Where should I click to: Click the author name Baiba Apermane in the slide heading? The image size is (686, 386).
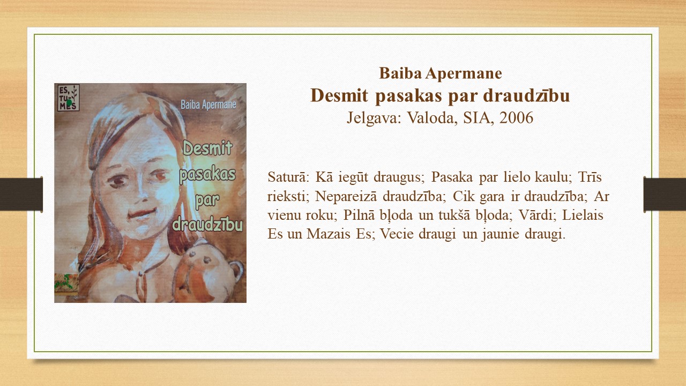pyautogui.click(x=441, y=73)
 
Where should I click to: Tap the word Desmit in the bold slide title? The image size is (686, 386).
pyautogui.click(x=339, y=95)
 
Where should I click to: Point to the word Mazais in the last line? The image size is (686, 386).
pyautogui.click(x=329, y=234)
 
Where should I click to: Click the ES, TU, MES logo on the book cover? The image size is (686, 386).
pyautogui.click(x=69, y=98)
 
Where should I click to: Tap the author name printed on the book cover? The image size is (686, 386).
pyautogui.click(x=208, y=105)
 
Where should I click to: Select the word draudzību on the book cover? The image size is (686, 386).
pyautogui.click(x=207, y=224)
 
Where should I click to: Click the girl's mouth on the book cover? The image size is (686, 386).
pyautogui.click(x=142, y=213)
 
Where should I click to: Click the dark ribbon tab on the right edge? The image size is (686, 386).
pyautogui.click(x=665, y=194)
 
